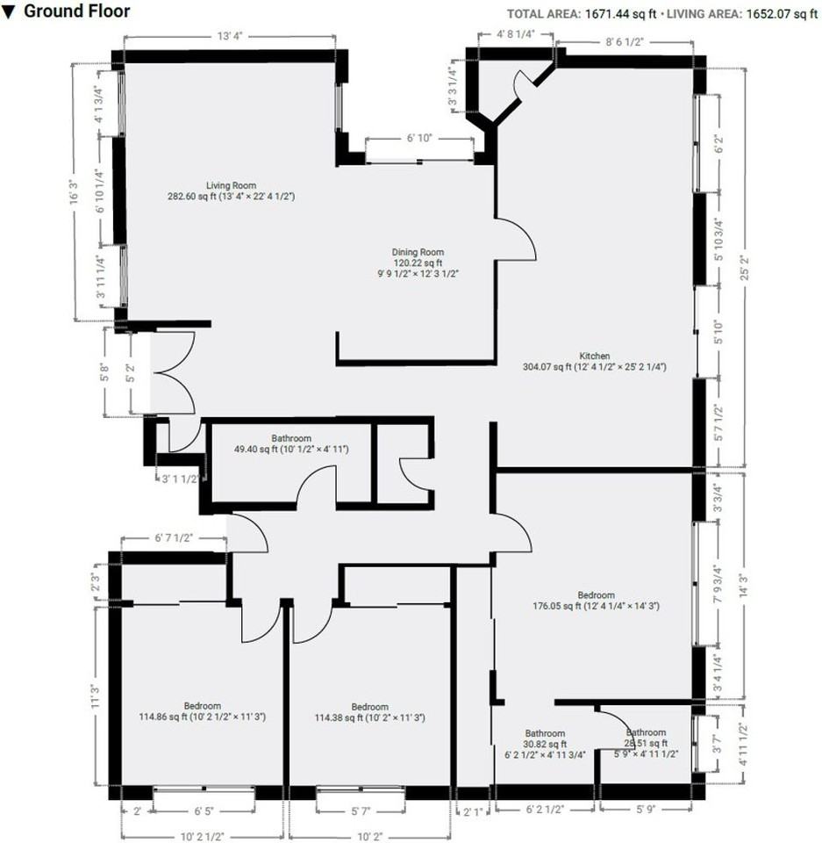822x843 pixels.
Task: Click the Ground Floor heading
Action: click(x=77, y=11)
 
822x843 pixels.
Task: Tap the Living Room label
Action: click(x=231, y=185)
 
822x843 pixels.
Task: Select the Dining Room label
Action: click(x=418, y=252)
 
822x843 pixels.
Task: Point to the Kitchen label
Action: click(x=594, y=356)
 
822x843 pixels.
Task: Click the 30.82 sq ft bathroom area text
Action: click(x=545, y=744)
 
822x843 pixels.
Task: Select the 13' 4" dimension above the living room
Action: click(x=230, y=36)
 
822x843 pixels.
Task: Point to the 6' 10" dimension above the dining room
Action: click(x=419, y=138)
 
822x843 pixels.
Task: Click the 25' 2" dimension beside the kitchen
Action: click(x=745, y=268)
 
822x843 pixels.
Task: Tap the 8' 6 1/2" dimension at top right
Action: click(x=625, y=42)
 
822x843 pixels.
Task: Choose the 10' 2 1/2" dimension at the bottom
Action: click(x=202, y=837)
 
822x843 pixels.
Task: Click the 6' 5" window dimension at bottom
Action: click(x=204, y=811)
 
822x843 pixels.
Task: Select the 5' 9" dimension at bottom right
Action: click(x=646, y=809)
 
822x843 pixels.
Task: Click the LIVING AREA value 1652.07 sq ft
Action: click(x=782, y=14)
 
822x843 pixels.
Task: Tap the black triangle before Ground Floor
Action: click(x=9, y=12)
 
